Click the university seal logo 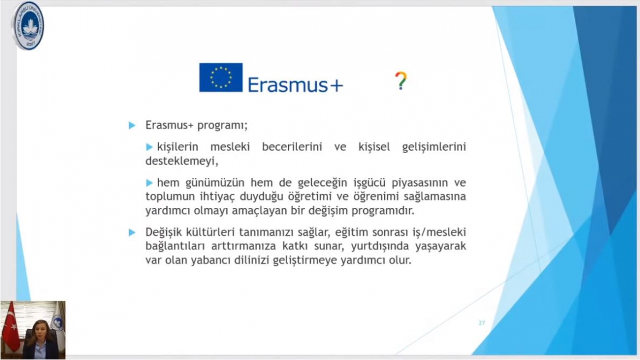(x=28, y=26)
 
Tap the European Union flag (x=221, y=77)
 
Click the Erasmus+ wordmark (x=295, y=85)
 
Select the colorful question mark (x=401, y=80)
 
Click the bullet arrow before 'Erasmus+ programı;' (x=132, y=125)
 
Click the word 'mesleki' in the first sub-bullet (x=230, y=147)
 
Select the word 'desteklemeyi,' (x=182, y=161)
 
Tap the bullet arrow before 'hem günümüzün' (x=149, y=183)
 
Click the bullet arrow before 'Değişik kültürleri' (x=132, y=232)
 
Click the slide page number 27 (x=481, y=323)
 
